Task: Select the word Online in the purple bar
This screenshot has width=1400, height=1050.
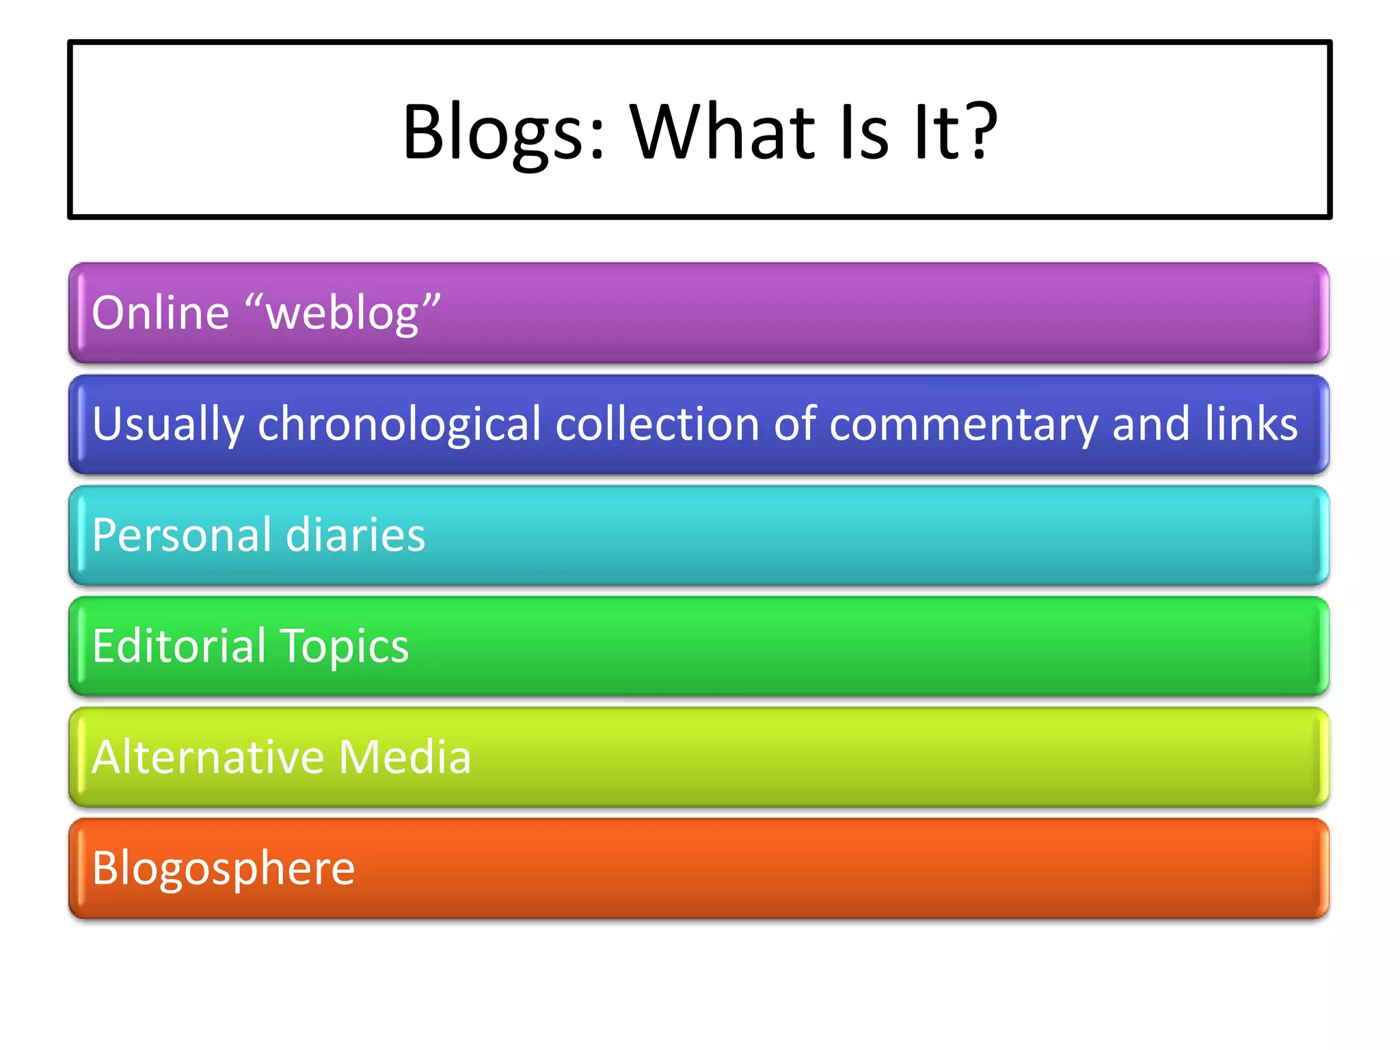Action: click(x=160, y=313)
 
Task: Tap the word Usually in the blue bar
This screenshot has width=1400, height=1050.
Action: click(x=168, y=425)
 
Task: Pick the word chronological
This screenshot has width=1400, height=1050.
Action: click(x=399, y=425)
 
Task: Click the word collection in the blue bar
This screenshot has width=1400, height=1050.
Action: click(x=657, y=424)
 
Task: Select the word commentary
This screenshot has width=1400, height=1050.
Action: click(x=962, y=425)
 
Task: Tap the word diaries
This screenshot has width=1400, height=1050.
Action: click(x=355, y=535)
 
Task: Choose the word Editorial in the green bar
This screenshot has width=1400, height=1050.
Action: click(x=179, y=646)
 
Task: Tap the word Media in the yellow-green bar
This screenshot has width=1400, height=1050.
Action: click(x=405, y=757)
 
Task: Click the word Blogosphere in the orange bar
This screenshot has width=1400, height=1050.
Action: click(x=224, y=869)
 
